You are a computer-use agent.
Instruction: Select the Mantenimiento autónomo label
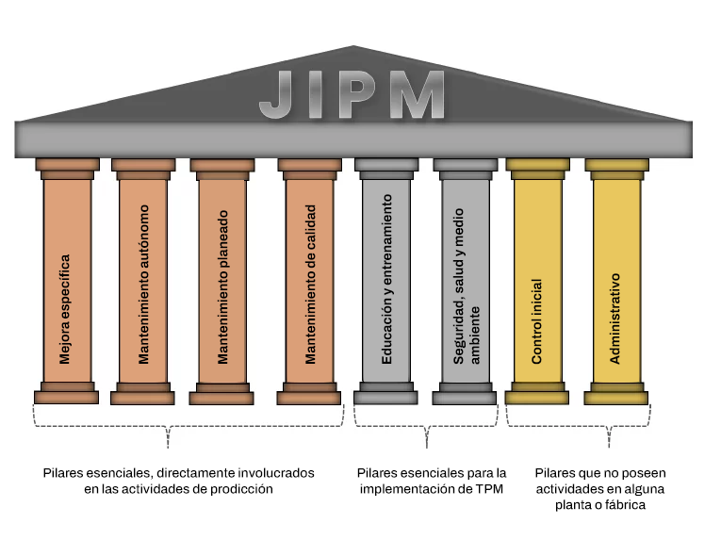tap(144, 286)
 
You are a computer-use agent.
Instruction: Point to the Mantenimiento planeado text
tap(223, 286)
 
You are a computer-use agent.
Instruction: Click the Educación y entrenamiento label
tap(386, 286)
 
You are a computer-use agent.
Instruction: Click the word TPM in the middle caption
tap(489, 489)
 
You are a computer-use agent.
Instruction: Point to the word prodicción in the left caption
tap(240, 489)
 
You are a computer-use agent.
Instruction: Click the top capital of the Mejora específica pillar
tap(67, 169)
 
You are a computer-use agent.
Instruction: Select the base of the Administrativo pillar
tap(615, 393)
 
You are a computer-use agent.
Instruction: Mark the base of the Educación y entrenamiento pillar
tap(386, 393)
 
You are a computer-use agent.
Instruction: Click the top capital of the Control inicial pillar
tap(537, 169)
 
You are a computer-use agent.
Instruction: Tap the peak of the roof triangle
tap(353, 48)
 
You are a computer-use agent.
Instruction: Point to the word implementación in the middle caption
tap(417, 489)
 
